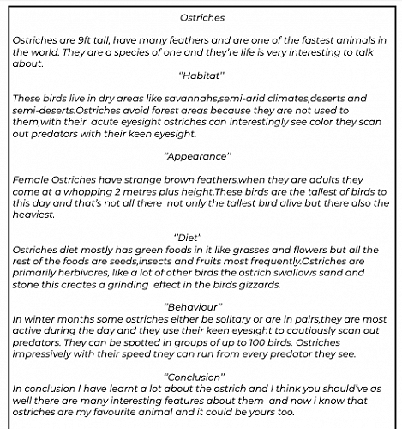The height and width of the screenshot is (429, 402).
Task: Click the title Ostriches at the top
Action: [201, 16]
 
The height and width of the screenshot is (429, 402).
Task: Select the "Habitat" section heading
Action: [201, 76]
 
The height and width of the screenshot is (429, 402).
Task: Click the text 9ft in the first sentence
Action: [89, 39]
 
